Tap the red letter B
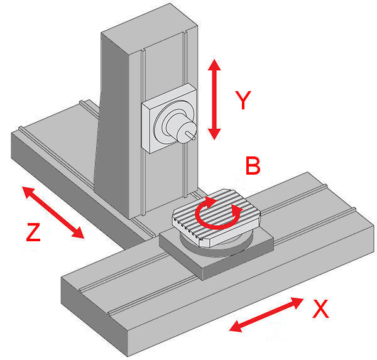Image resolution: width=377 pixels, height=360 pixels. tap(253, 166)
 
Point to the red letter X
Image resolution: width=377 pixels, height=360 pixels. tap(320, 309)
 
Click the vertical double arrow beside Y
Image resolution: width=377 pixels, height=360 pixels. tap(214, 100)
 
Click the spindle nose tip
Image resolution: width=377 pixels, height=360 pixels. tap(194, 133)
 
